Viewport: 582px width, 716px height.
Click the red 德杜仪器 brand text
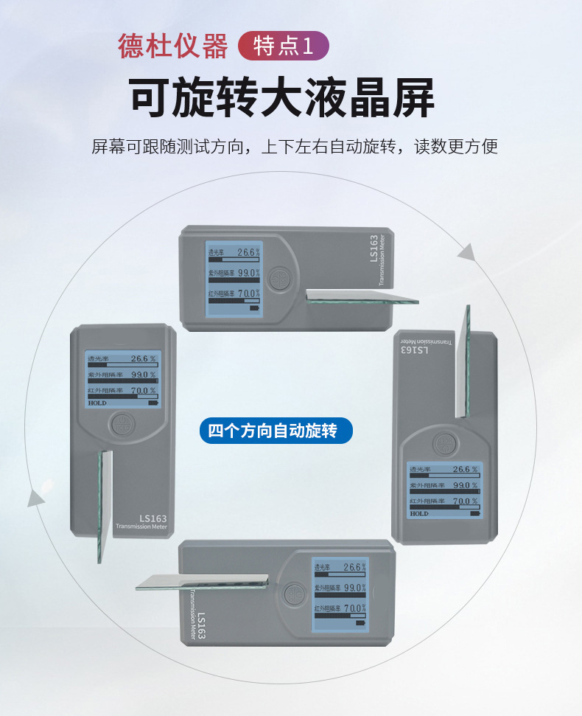click(173, 46)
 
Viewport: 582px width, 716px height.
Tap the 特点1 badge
click(284, 46)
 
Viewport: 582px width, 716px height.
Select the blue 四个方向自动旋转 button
click(276, 431)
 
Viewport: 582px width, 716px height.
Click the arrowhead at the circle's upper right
click(466, 253)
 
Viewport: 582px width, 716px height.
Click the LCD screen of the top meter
click(234, 279)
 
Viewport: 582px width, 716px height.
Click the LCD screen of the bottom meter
click(340, 594)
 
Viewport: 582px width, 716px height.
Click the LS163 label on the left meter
click(152, 518)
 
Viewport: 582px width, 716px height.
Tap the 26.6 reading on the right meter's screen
click(461, 469)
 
